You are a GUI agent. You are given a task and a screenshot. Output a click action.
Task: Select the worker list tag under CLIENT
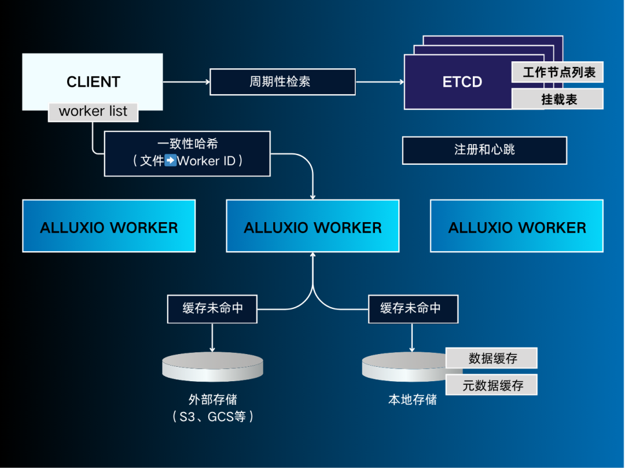pos(93,112)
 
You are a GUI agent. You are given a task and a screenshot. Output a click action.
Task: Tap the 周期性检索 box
pos(282,82)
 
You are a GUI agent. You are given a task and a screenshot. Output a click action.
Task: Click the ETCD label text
pos(462,82)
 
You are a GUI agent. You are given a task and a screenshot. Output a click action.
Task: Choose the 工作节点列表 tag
pos(557,72)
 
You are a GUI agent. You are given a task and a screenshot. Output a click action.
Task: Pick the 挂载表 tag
pos(557,99)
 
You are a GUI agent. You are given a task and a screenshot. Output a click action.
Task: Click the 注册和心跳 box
pos(484,150)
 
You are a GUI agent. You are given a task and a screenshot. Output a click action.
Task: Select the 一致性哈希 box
pos(187,153)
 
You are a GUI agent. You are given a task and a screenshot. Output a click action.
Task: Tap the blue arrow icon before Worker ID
pos(170,161)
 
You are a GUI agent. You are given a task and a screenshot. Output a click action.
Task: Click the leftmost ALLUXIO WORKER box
pos(109,226)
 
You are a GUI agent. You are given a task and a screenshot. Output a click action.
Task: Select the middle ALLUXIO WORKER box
pos(312,226)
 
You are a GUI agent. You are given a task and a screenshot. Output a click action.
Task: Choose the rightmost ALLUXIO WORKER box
pos(517,226)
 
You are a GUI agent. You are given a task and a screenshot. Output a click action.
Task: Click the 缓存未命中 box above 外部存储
pos(212,308)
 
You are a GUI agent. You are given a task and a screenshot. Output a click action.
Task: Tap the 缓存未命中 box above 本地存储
pos(413,308)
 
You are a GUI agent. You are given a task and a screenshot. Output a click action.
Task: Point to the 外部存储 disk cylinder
pos(212,367)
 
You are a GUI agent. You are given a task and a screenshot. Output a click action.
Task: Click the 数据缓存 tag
pos(492,358)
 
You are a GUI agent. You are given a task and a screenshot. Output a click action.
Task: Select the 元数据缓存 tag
pos(492,385)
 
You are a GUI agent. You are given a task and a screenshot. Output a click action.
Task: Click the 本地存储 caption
pos(412,400)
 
